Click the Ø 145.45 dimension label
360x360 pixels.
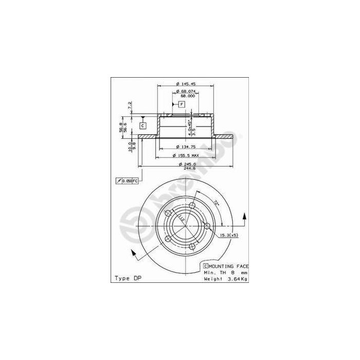185,84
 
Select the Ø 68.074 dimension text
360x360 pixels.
185,91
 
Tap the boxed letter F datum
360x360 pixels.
182,104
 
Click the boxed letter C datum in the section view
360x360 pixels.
143,125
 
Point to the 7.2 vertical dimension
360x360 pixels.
130,105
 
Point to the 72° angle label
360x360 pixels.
217,204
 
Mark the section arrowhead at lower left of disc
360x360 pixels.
134,252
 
